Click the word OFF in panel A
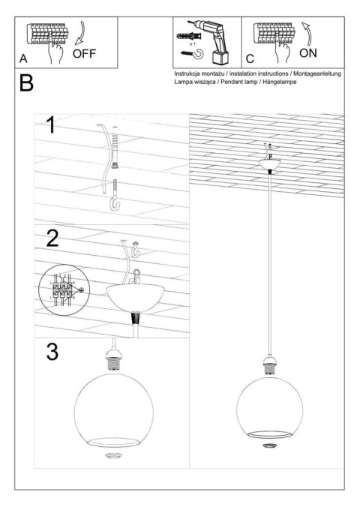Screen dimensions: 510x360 (x=85, y=53)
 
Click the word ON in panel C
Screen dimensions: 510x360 (x=308, y=54)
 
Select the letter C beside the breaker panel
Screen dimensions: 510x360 (x=250, y=58)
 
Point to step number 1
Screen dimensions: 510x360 (x=50, y=125)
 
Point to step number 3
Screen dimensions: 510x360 (x=52, y=352)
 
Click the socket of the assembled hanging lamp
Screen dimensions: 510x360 (x=268, y=364)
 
